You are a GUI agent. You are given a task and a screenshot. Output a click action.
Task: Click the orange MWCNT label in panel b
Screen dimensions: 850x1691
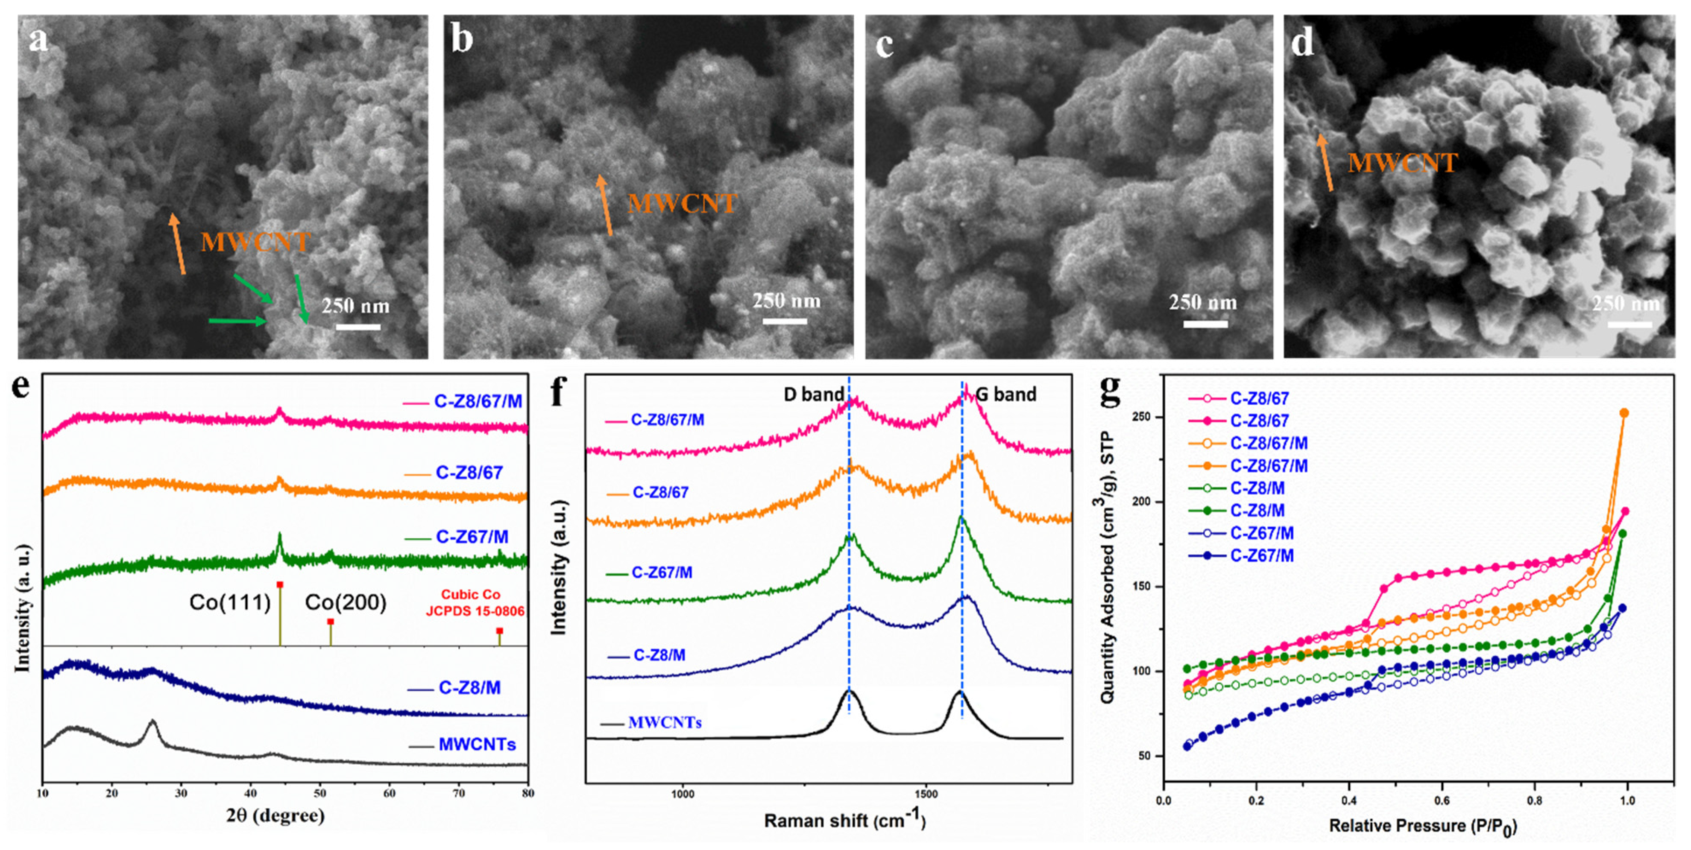point(682,204)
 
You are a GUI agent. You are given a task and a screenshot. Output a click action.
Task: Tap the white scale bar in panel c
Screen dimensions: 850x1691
point(1205,324)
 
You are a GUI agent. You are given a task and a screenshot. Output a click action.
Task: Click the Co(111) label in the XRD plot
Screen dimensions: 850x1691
point(230,602)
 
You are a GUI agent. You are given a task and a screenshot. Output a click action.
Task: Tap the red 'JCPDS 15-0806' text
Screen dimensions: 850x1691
point(475,611)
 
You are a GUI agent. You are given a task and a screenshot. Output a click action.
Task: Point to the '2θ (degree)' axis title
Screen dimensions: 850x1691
point(275,816)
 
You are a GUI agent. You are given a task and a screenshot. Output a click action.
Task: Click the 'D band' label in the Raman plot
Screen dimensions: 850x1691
point(813,394)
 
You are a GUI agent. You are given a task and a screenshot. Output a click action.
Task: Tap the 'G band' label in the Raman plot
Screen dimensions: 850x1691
point(1005,394)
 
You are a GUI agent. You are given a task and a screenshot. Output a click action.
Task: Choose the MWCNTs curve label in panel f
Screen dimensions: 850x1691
point(664,723)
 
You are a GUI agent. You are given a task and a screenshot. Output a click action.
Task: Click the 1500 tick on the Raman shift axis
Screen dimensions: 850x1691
point(926,794)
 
